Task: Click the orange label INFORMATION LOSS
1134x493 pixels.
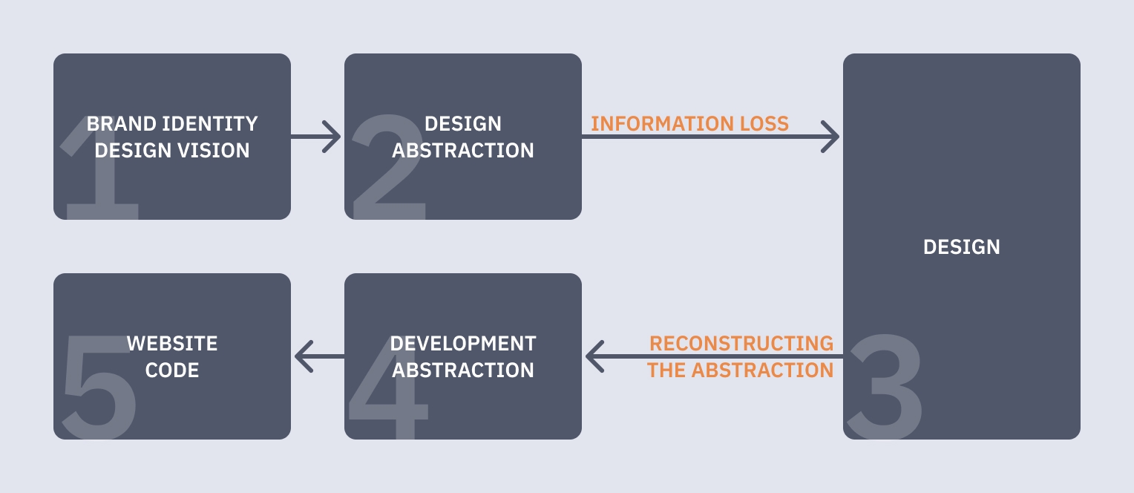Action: [689, 123]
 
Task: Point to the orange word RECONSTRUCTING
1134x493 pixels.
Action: [741, 344]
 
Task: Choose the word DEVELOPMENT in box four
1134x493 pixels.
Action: [463, 344]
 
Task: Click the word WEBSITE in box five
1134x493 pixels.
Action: [172, 344]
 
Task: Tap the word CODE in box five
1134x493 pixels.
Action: [172, 370]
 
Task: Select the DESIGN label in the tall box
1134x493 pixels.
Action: [961, 246]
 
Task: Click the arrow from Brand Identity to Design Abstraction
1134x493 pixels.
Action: [315, 137]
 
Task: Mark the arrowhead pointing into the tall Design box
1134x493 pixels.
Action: [831, 137]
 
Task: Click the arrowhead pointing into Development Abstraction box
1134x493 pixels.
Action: [594, 357]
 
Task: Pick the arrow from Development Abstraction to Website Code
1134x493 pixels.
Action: [319, 357]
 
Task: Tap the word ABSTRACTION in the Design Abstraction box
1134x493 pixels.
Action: [463, 151]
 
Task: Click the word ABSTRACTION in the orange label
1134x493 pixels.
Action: [764, 370]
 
